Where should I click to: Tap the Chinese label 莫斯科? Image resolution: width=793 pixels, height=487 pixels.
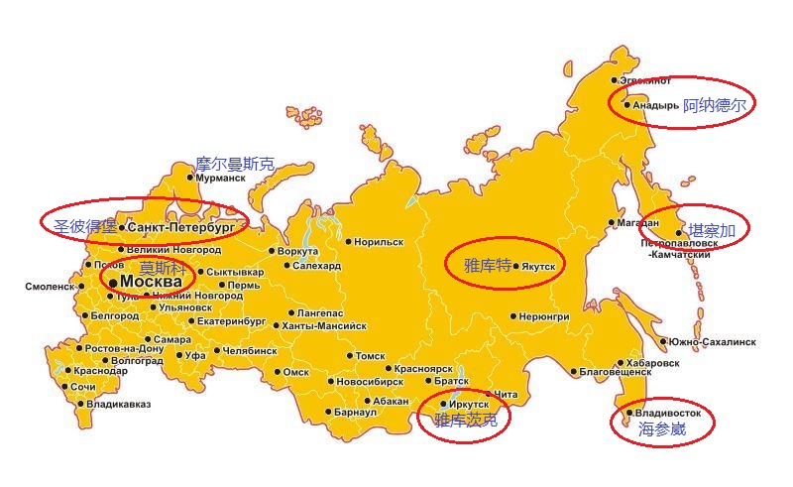coord(162,268)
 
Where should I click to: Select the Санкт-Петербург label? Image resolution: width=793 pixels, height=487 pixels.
coord(181,227)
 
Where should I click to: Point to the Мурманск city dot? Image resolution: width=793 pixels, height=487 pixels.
coord(191,179)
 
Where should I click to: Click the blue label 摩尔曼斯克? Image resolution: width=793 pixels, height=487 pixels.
coord(234,165)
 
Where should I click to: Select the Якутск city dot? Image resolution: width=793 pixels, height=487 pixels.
coord(516,266)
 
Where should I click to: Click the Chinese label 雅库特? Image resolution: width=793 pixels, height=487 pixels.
coord(488,265)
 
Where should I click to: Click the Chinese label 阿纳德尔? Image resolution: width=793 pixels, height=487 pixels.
coord(715,104)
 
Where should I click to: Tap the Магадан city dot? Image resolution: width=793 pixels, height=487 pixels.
coord(611,223)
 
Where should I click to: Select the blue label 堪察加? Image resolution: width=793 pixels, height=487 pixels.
coord(712,231)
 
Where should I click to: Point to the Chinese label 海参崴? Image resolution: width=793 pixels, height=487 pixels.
coord(662,428)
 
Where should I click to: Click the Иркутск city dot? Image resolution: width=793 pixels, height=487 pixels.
coord(442,404)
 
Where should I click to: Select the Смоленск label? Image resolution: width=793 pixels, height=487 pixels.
coord(49,287)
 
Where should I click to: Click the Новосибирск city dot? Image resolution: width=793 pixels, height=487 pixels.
coord(330,381)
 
